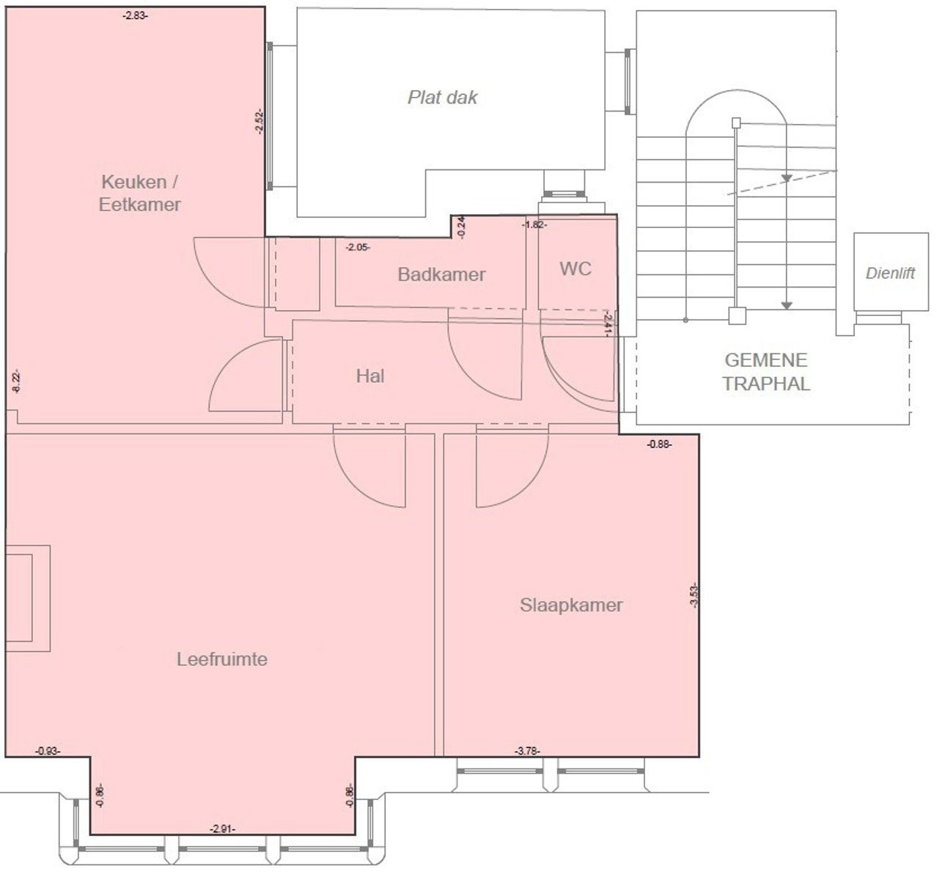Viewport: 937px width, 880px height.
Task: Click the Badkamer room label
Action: tap(441, 274)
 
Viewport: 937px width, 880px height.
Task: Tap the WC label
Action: tap(575, 268)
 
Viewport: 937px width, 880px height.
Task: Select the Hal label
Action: tap(370, 376)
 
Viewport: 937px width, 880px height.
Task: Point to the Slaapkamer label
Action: tap(571, 605)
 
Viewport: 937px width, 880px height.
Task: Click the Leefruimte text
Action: tap(221, 659)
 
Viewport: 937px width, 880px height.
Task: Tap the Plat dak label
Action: tap(442, 97)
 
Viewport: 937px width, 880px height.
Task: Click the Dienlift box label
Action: tap(890, 274)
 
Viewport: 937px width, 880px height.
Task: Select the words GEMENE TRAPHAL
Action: tap(765, 371)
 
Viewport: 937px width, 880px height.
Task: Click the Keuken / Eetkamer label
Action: tap(140, 193)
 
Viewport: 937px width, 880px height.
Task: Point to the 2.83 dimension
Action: tap(135, 15)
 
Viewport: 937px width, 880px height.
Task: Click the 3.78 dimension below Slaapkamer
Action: tap(527, 750)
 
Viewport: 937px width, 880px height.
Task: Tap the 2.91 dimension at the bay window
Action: tap(222, 829)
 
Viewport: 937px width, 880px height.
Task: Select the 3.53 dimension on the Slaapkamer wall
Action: tap(694, 594)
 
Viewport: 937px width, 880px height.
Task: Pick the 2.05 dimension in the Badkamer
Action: tap(358, 248)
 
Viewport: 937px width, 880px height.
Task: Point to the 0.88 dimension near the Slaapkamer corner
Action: tap(659, 444)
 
